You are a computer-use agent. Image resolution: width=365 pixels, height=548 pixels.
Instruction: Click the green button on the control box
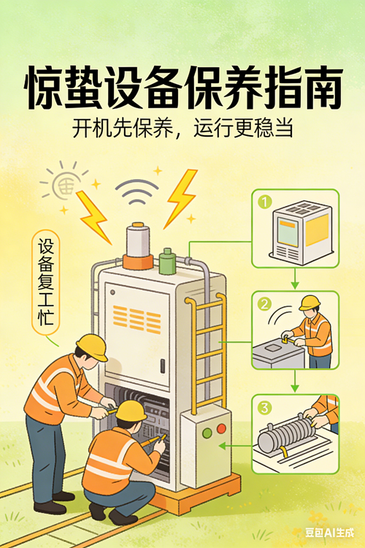207,433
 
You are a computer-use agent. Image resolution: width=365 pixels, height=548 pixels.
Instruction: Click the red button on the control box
221,428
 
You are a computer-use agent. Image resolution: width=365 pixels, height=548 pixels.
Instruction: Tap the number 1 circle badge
265,202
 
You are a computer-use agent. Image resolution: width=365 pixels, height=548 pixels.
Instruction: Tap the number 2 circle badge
264,304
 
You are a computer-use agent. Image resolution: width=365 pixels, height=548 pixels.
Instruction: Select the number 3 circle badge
264,408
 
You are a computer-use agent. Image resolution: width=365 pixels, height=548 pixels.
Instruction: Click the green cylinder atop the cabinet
167,262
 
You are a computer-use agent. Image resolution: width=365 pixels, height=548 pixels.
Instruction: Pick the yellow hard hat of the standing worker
93,346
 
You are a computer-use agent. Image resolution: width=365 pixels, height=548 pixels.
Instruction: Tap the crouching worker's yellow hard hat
131,411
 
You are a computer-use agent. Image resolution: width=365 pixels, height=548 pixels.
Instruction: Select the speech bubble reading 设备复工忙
46,282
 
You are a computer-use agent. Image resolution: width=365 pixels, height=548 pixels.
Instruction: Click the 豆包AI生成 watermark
329,532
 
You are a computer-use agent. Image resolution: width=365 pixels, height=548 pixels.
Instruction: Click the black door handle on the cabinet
162,365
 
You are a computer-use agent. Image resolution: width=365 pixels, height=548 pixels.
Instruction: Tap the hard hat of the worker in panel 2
310,302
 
